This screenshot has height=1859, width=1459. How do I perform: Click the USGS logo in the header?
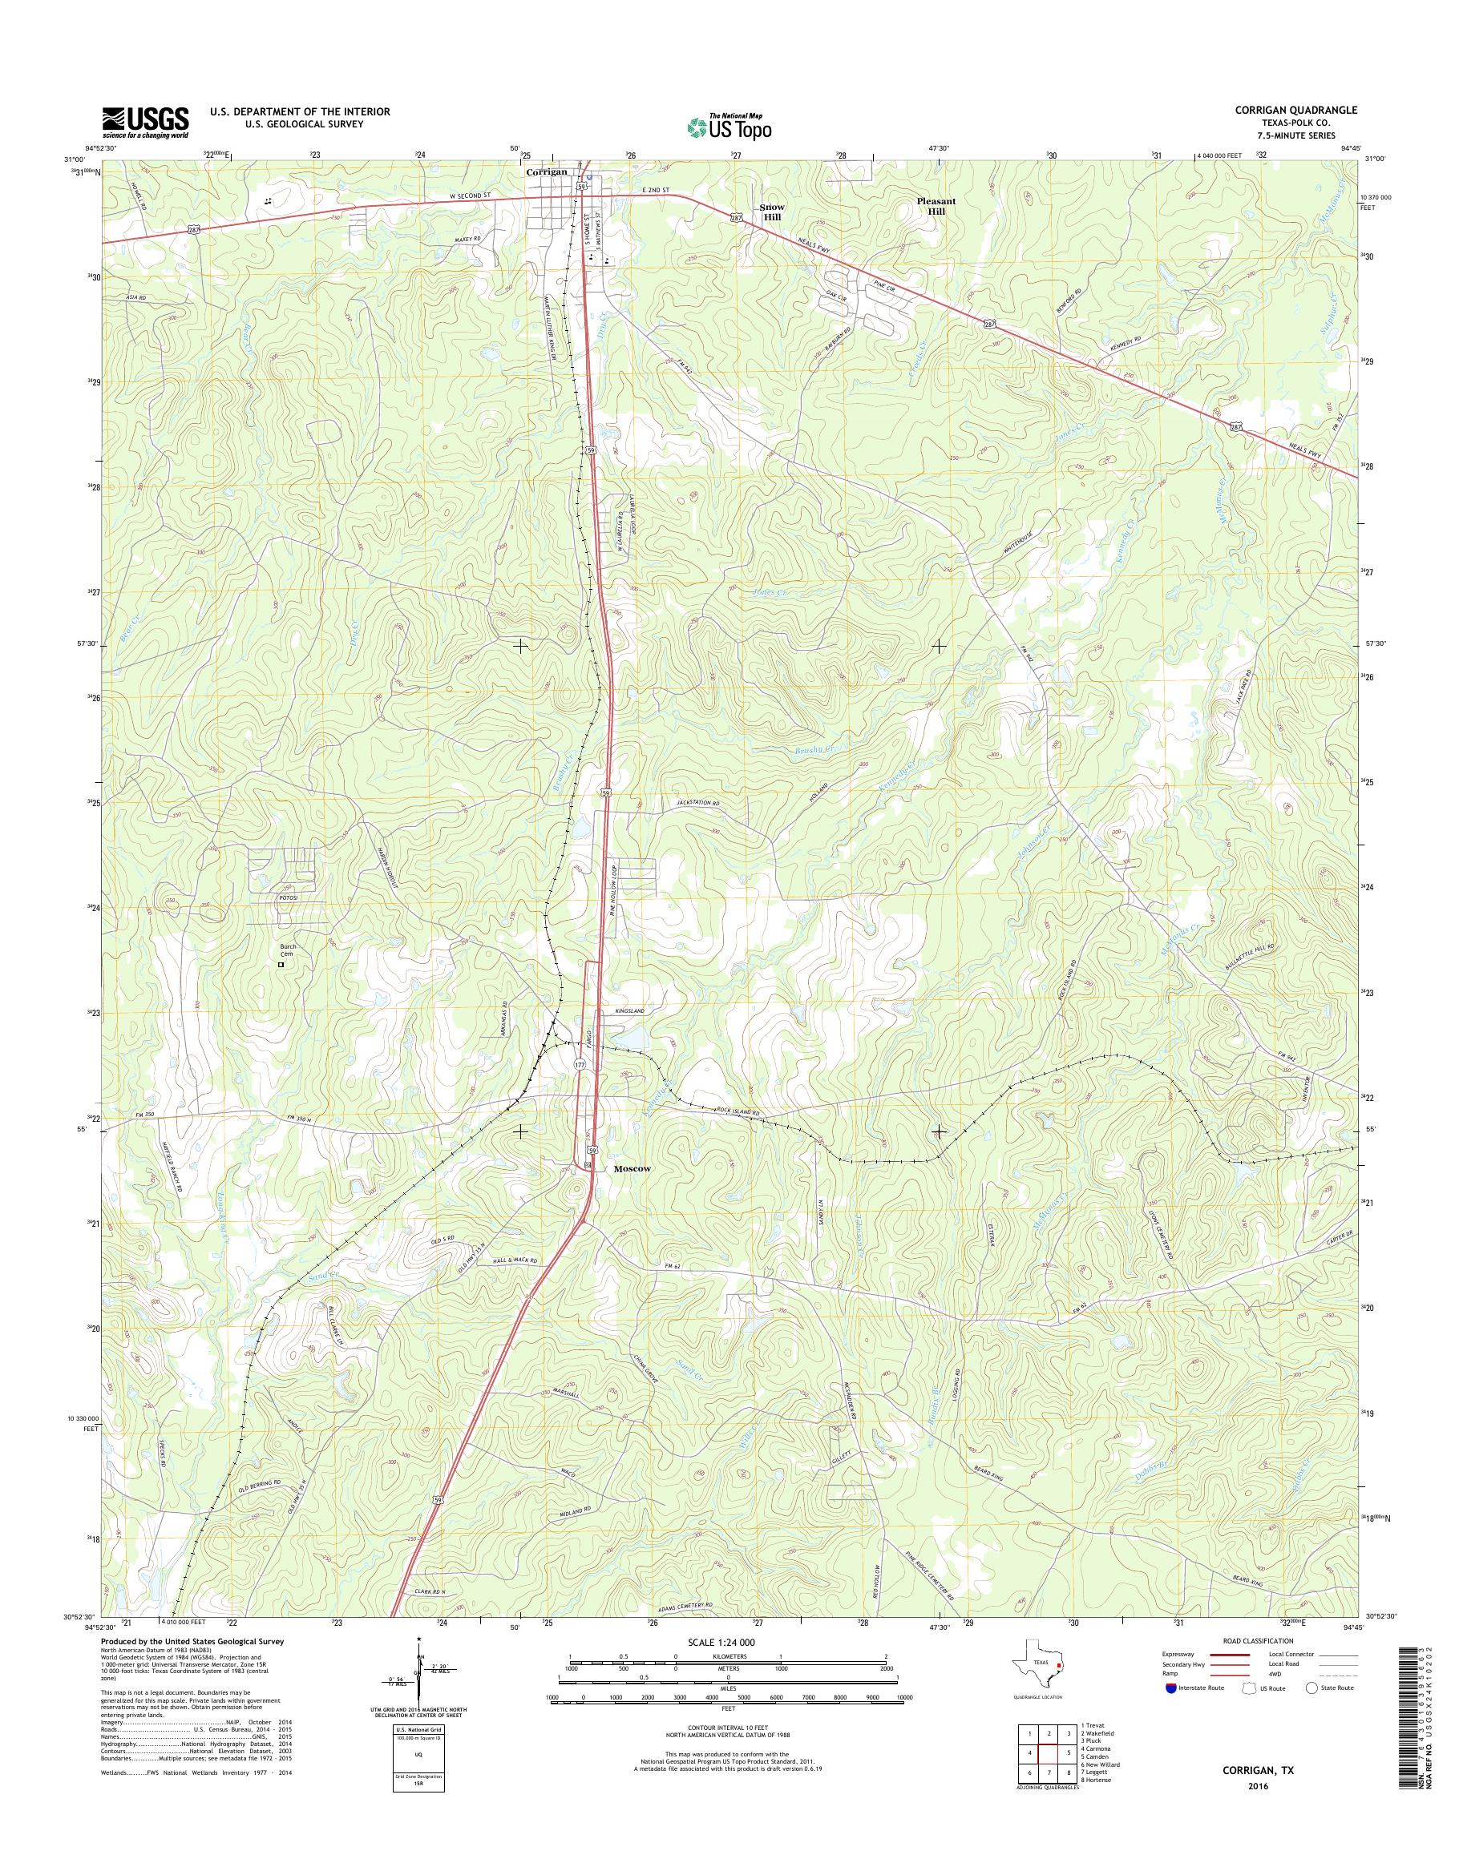click(x=145, y=121)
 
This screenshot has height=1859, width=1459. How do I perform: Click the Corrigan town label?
click(x=547, y=171)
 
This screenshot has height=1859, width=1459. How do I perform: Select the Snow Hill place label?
click(x=771, y=212)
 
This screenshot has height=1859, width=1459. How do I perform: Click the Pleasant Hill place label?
click(x=936, y=206)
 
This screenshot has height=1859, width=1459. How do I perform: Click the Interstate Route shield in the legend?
click(x=1170, y=1688)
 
